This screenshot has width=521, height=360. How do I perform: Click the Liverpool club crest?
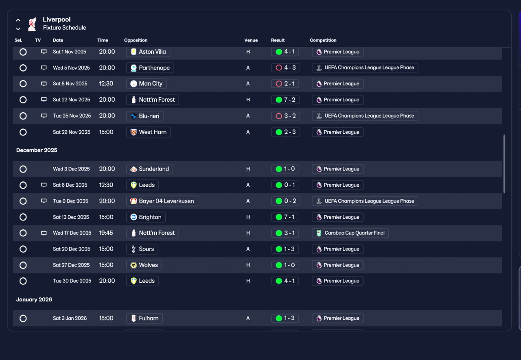point(32,24)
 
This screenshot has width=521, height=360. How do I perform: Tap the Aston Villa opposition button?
point(148,52)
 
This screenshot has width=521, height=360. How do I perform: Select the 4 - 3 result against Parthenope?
point(285,68)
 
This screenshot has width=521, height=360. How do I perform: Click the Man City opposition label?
point(151,84)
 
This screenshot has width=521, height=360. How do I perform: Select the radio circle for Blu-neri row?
point(23,116)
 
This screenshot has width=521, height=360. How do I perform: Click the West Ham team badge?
point(134,132)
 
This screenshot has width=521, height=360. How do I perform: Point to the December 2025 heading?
point(37,150)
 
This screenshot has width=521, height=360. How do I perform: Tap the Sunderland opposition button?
point(149,169)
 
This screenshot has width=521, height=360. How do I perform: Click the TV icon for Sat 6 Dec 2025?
point(44,185)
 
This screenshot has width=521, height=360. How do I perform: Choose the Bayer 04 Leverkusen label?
point(166,201)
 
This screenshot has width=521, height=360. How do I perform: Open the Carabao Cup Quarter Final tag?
point(350,233)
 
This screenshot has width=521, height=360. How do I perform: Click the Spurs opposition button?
point(142,249)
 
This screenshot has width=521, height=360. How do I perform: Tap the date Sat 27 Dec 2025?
point(71,265)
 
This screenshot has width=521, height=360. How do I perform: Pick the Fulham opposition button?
point(144,318)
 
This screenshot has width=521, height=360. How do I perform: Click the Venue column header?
point(251,40)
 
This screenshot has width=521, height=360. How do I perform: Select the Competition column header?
point(323,40)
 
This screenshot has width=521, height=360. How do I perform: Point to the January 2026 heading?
point(34,299)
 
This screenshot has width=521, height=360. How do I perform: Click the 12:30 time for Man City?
point(106,84)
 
